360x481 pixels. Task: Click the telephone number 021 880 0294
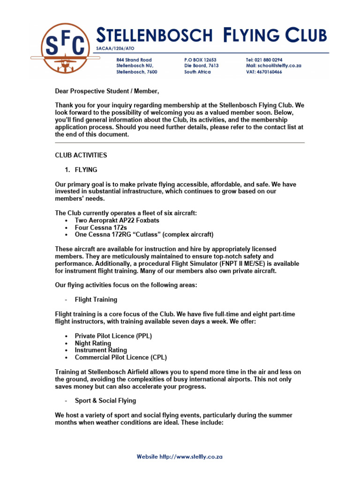pyautogui.click(x=271, y=60)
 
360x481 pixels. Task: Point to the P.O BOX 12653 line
pyautogui.click(x=200, y=60)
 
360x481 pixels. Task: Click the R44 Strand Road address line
pyautogui.click(x=134, y=60)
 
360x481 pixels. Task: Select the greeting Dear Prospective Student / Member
pyautogui.click(x=104, y=91)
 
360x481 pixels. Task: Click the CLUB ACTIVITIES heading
pyautogui.click(x=81, y=155)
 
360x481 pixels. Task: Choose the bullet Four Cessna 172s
pyautogui.click(x=101, y=227)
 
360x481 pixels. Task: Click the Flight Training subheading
pyautogui.click(x=96, y=300)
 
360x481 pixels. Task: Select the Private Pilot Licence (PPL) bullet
pyautogui.click(x=113, y=336)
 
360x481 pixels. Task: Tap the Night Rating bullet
pyautogui.click(x=93, y=343)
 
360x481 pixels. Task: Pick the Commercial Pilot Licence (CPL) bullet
pyautogui.click(x=120, y=357)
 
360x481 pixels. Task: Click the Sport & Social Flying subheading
pyautogui.click(x=105, y=401)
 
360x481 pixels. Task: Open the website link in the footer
pyautogui.click(x=180, y=457)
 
